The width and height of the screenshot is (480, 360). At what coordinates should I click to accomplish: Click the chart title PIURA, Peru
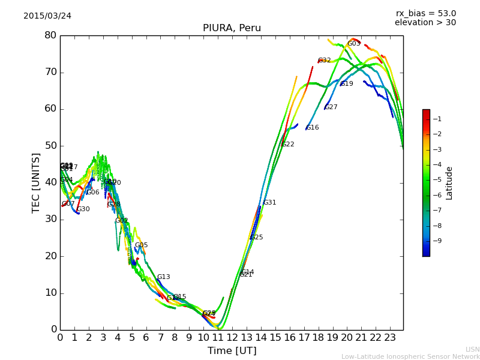tap(232, 28)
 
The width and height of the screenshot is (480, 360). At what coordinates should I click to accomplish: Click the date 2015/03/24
tap(47, 16)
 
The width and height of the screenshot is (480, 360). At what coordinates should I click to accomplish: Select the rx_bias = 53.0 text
tap(425, 14)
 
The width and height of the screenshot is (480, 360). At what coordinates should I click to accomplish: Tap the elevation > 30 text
tap(425, 23)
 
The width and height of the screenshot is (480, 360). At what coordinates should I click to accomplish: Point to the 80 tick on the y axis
tap(50, 35)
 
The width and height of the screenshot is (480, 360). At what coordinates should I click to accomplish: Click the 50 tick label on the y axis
tap(50, 146)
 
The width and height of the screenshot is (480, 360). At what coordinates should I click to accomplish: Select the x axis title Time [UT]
tap(232, 350)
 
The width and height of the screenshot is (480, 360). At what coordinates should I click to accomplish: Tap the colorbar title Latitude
tap(449, 183)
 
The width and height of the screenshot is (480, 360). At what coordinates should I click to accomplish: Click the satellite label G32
tap(325, 61)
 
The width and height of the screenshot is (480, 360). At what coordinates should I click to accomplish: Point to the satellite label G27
tap(331, 107)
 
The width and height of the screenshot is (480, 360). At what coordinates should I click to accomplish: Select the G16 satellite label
tap(313, 128)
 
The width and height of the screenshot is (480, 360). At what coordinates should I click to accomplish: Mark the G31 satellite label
tap(270, 203)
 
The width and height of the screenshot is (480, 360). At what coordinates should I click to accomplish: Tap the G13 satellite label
tap(164, 277)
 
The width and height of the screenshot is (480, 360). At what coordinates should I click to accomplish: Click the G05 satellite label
tap(142, 245)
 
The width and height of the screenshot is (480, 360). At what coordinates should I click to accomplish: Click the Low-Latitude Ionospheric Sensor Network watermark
tap(410, 356)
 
